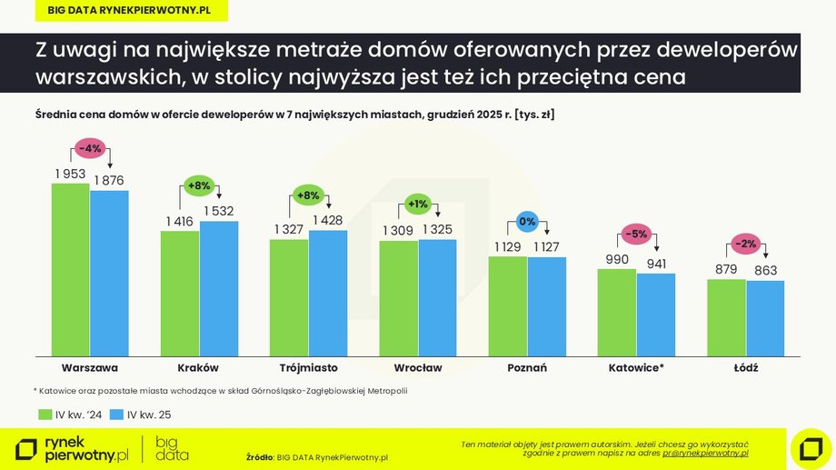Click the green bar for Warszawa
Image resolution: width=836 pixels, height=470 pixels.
(x=70, y=269)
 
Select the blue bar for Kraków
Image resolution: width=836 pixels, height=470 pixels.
(x=218, y=288)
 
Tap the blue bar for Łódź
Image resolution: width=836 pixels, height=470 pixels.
(x=765, y=318)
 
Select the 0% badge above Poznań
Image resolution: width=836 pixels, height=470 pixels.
(x=526, y=221)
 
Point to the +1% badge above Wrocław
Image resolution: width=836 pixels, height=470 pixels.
(x=417, y=203)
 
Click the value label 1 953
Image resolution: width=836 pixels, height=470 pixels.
(x=69, y=174)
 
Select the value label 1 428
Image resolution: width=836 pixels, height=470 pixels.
(x=328, y=220)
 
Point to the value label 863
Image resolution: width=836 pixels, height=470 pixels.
(x=766, y=271)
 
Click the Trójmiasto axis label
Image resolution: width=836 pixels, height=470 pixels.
(x=308, y=368)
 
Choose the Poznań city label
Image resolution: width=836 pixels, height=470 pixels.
(x=526, y=368)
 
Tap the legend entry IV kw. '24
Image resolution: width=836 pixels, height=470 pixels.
(x=69, y=415)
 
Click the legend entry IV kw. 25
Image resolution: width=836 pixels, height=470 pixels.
(x=140, y=415)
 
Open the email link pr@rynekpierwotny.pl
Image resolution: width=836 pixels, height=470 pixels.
(x=705, y=452)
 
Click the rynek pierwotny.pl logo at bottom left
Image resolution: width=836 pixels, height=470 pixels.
(x=73, y=448)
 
